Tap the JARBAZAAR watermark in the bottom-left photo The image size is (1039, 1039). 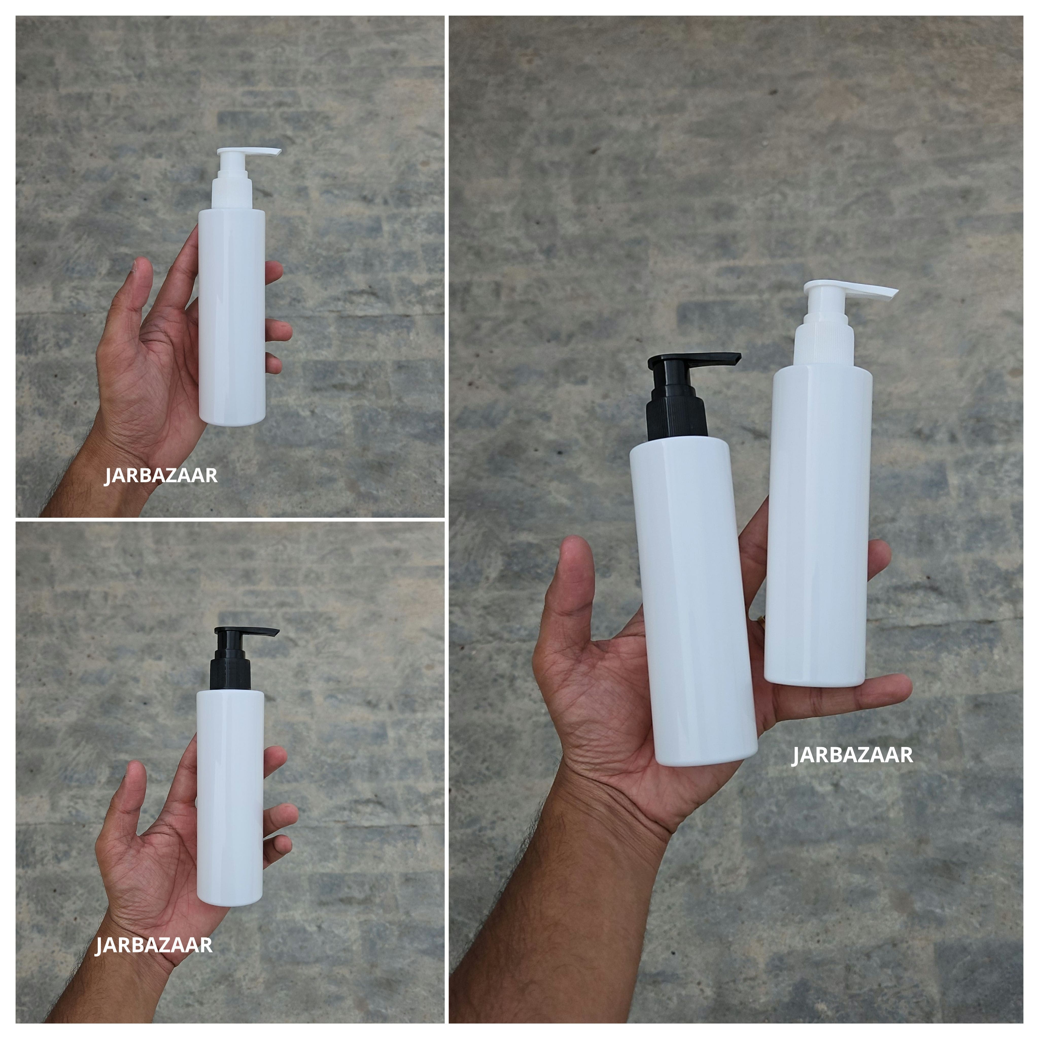(154, 945)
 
